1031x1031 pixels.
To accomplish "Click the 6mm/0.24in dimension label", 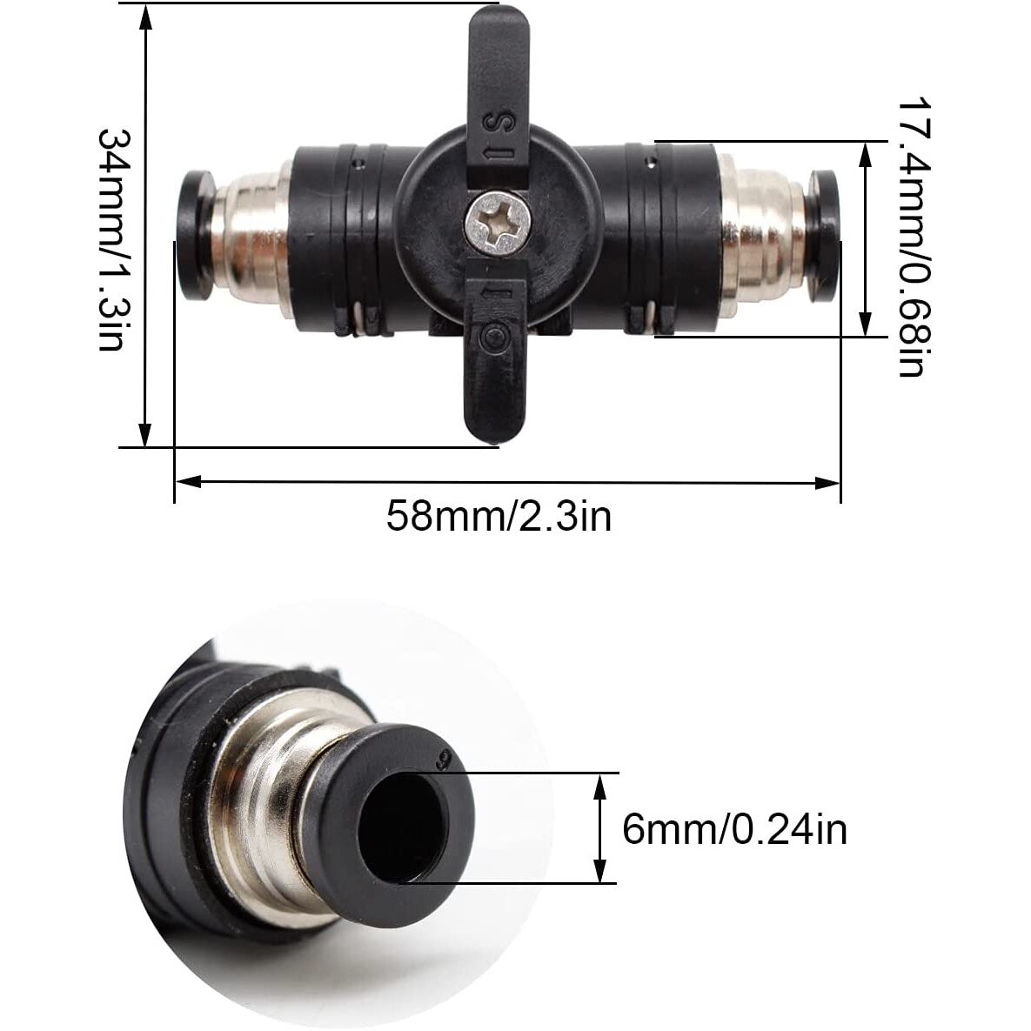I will tap(734, 829).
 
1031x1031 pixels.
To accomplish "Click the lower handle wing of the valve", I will tap(493, 374).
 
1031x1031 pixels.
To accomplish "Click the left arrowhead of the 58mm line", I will tap(186, 480).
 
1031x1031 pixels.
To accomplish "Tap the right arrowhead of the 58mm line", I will tap(829, 480).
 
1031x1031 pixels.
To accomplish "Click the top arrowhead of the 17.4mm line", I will tap(864, 152).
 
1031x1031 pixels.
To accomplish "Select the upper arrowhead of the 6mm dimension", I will tap(599, 783).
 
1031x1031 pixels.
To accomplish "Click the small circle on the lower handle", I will tap(496, 336).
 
